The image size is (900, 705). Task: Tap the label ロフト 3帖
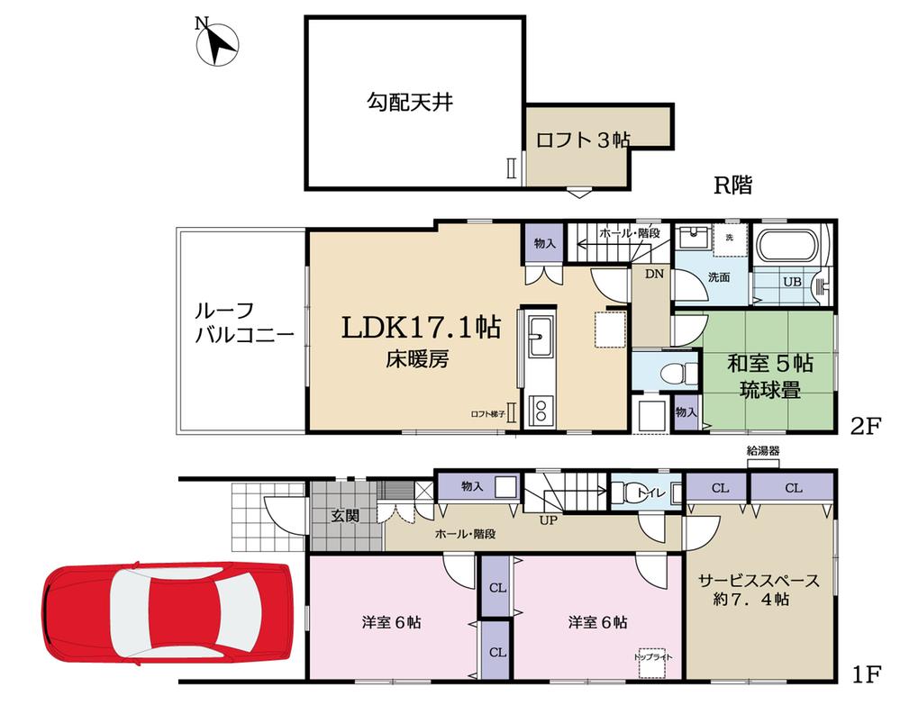pyautogui.click(x=582, y=140)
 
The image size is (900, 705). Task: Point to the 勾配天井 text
pyautogui.click(x=409, y=102)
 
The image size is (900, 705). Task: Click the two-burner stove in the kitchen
pyautogui.click(x=539, y=411)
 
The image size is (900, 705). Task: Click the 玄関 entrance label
pyautogui.click(x=344, y=516)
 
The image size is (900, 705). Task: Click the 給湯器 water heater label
pyautogui.click(x=763, y=451)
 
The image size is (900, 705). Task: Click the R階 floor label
pyautogui.click(x=732, y=185)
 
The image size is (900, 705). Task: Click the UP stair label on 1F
pyautogui.click(x=547, y=520)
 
